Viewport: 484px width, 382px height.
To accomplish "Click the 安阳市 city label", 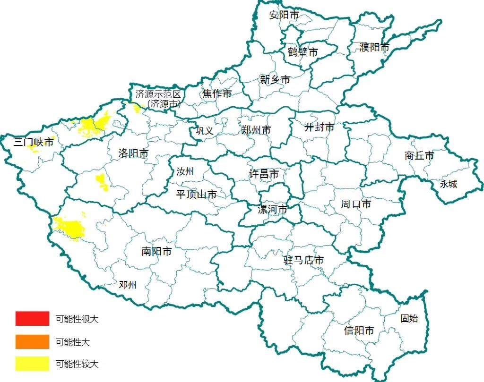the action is (x=284, y=15).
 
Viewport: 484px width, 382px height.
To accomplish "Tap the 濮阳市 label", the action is (x=374, y=47).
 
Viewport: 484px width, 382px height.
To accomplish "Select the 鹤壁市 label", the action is (x=302, y=52).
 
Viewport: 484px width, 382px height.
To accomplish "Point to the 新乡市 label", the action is (x=275, y=80).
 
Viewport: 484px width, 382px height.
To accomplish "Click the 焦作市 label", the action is (x=217, y=94).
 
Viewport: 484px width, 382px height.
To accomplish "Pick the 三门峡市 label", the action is (x=34, y=142).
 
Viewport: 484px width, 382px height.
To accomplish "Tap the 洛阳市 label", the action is (x=133, y=153).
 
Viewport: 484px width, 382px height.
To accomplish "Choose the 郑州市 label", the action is (x=256, y=130).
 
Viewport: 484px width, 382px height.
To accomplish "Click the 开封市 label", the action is (x=319, y=127).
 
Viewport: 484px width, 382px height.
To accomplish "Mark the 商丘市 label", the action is (x=419, y=155).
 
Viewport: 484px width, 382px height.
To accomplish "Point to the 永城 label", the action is (x=449, y=184).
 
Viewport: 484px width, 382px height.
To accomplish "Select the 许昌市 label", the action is (x=264, y=174).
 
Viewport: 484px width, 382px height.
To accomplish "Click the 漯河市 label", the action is (x=272, y=209).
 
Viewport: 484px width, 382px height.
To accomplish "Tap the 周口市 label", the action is (x=356, y=204).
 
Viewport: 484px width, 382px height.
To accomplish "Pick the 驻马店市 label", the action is (x=303, y=260).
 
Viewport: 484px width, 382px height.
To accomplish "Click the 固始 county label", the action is (x=409, y=318).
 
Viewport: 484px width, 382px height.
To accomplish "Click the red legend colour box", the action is (x=32, y=319).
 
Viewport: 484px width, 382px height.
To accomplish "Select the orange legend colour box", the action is (x=32, y=341).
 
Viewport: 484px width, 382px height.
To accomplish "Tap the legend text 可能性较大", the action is (x=77, y=364).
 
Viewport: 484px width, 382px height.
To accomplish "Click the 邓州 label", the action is (x=128, y=285).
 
